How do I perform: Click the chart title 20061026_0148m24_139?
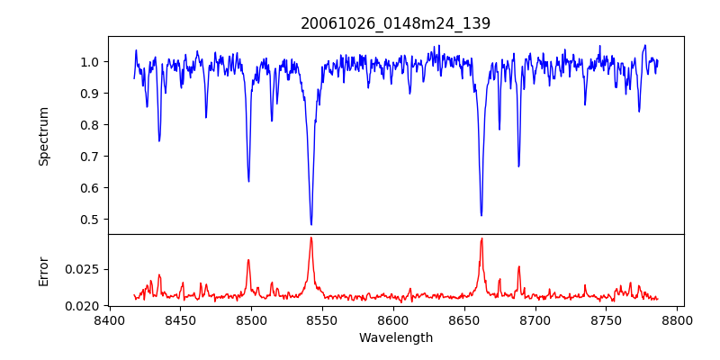click(395, 23)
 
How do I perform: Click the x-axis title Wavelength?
click(395, 338)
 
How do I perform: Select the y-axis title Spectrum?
click(43, 136)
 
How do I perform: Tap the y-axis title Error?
click(43, 271)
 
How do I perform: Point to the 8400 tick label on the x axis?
click(109, 319)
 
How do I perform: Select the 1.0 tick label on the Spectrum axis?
click(89, 62)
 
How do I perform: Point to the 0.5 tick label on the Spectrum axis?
click(89, 220)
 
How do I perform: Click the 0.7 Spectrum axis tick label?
click(89, 157)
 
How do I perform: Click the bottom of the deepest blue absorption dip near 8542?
click(311, 224)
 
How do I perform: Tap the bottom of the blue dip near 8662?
click(481, 215)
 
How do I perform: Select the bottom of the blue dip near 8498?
click(248, 181)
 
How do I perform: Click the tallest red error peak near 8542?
click(311, 238)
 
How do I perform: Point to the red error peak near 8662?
click(481, 238)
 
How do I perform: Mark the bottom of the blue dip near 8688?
click(518, 166)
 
